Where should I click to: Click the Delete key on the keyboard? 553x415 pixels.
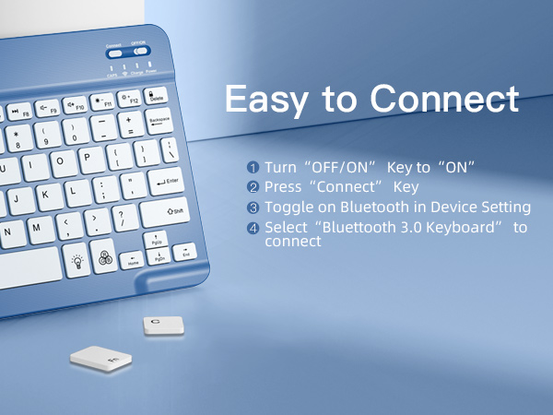click(156, 95)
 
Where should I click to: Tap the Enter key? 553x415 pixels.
click(165, 182)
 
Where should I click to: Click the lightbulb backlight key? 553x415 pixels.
click(78, 262)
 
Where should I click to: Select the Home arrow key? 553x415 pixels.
click(133, 259)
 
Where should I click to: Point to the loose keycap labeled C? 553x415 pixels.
click(164, 325)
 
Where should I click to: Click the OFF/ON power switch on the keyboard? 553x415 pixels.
click(141, 52)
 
